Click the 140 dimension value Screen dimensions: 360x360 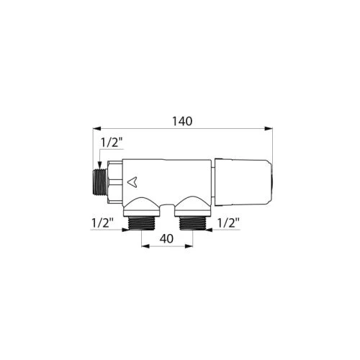[x=183, y=122]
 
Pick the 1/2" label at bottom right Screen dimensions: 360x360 [x=228, y=223]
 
